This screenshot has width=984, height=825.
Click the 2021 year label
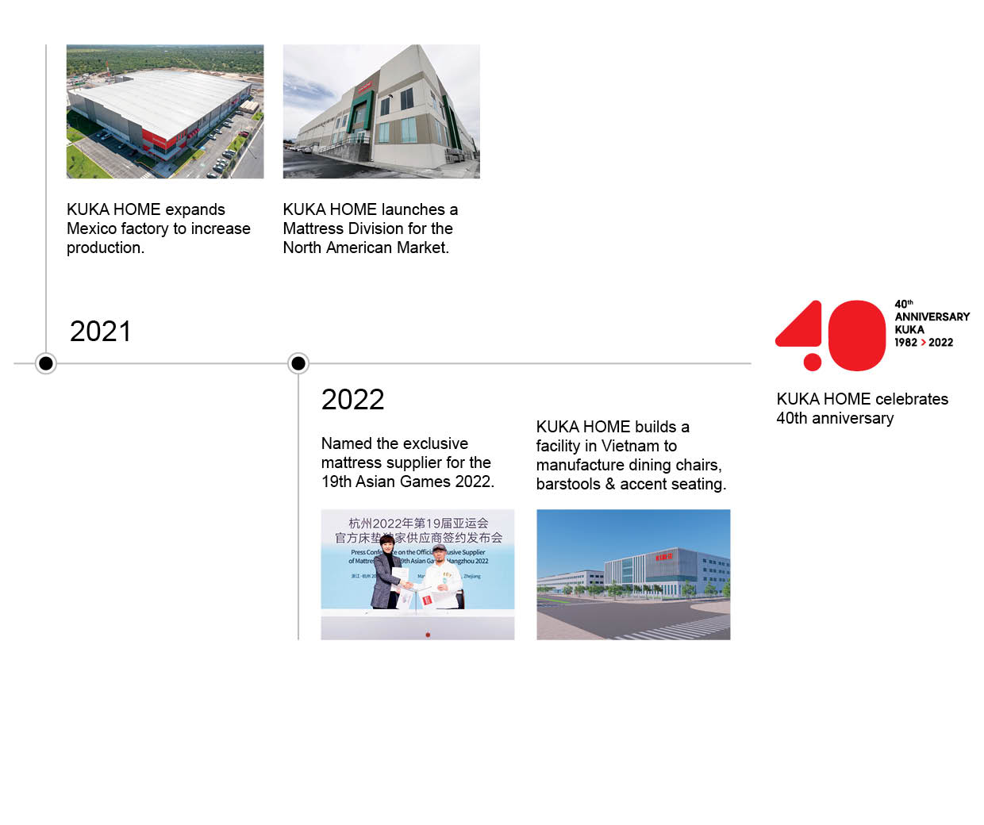[x=100, y=332]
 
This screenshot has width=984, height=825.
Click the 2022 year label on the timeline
[x=352, y=400]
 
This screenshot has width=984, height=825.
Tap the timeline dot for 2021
[x=46, y=363]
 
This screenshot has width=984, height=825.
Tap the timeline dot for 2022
[x=298, y=363]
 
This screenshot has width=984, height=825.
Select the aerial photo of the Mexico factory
[x=165, y=111]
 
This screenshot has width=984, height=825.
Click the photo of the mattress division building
[x=381, y=111]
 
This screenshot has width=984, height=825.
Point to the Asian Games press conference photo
[x=417, y=574]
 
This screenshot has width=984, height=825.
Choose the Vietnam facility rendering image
[x=633, y=574]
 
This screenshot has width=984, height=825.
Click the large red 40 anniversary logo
[x=830, y=336]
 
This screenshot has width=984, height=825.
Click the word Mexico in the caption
[x=92, y=228]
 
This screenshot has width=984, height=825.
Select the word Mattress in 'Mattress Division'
[x=311, y=228]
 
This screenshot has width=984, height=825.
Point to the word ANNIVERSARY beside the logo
[x=932, y=317]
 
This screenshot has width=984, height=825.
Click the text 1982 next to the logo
[x=905, y=343]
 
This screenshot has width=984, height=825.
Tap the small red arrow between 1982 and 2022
[x=923, y=343]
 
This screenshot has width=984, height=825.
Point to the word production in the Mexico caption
[x=105, y=247]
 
